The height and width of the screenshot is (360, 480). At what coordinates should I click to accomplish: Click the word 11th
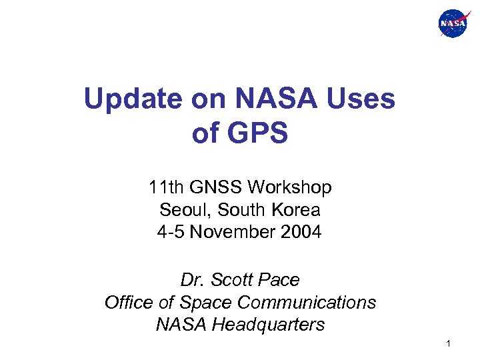165,188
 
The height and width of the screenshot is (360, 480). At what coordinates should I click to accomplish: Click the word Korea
297,210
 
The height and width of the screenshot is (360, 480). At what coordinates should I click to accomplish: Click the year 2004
301,233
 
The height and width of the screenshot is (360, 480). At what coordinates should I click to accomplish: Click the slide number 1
449,344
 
